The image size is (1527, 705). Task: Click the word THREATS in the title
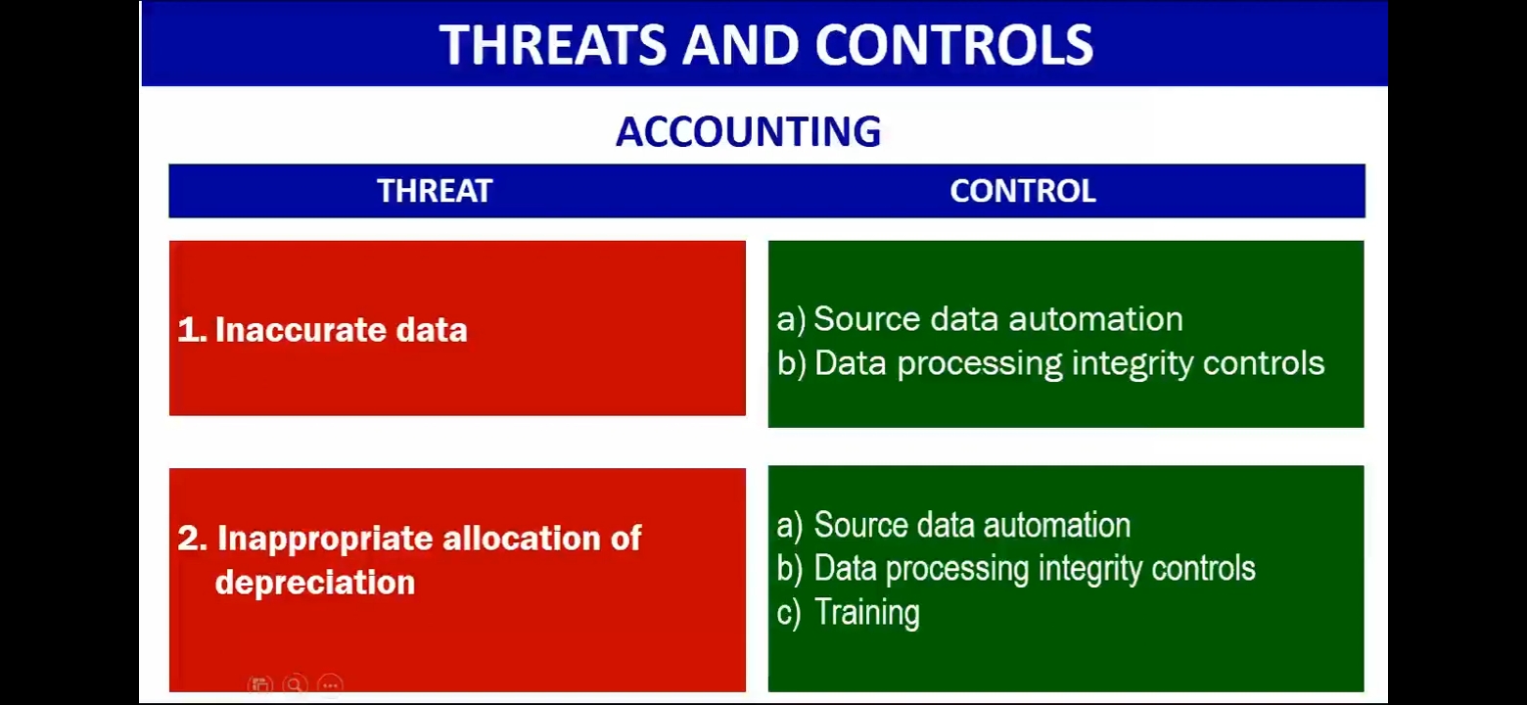[553, 45]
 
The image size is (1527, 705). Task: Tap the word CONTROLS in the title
[954, 45]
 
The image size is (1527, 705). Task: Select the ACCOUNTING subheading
[749, 131]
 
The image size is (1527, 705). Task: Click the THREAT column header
[435, 191]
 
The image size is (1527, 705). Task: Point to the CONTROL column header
[1023, 191]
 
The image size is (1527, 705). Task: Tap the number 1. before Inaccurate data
[192, 330]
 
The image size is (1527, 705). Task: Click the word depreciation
[315, 583]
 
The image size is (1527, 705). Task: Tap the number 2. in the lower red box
[192, 538]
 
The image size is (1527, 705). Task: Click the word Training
[867, 612]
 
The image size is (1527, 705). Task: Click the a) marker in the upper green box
[792, 319]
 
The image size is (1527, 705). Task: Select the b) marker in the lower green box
[789, 569]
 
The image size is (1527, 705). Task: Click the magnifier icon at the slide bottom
[296, 684]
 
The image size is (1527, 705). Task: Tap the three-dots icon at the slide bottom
[331, 684]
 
